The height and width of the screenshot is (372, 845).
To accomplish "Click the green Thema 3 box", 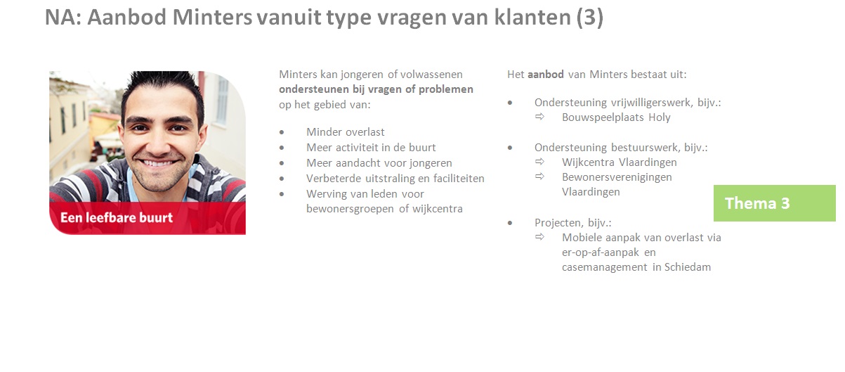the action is pyautogui.click(x=774, y=203).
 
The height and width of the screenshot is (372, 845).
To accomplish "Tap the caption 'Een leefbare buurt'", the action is pyautogui.click(x=117, y=217).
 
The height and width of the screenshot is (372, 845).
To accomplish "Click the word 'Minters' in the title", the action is pyautogui.click(x=212, y=18).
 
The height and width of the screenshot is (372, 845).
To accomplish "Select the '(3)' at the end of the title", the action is pyautogui.click(x=589, y=18).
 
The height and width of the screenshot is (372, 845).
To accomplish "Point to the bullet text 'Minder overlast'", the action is pyautogui.click(x=345, y=132).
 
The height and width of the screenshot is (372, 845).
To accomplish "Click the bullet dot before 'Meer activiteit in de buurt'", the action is pyautogui.click(x=282, y=148).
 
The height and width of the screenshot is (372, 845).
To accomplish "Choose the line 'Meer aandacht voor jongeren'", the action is pyautogui.click(x=379, y=163).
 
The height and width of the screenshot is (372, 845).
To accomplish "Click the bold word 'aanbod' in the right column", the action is pyautogui.click(x=546, y=75).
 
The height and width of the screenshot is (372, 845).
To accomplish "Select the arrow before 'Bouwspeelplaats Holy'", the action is pyautogui.click(x=540, y=117).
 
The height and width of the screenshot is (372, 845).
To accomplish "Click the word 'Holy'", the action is pyautogui.click(x=659, y=117).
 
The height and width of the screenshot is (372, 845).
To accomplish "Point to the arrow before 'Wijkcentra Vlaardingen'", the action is pyautogui.click(x=540, y=162).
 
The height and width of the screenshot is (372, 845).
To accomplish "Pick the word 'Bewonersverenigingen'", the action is pyautogui.click(x=617, y=177).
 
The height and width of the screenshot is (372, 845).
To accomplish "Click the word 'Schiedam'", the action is pyautogui.click(x=688, y=267).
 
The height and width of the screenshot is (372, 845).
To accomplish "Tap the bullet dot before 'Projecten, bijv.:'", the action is pyautogui.click(x=510, y=223).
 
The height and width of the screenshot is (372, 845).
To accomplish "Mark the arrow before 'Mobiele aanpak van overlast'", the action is pyautogui.click(x=540, y=237).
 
